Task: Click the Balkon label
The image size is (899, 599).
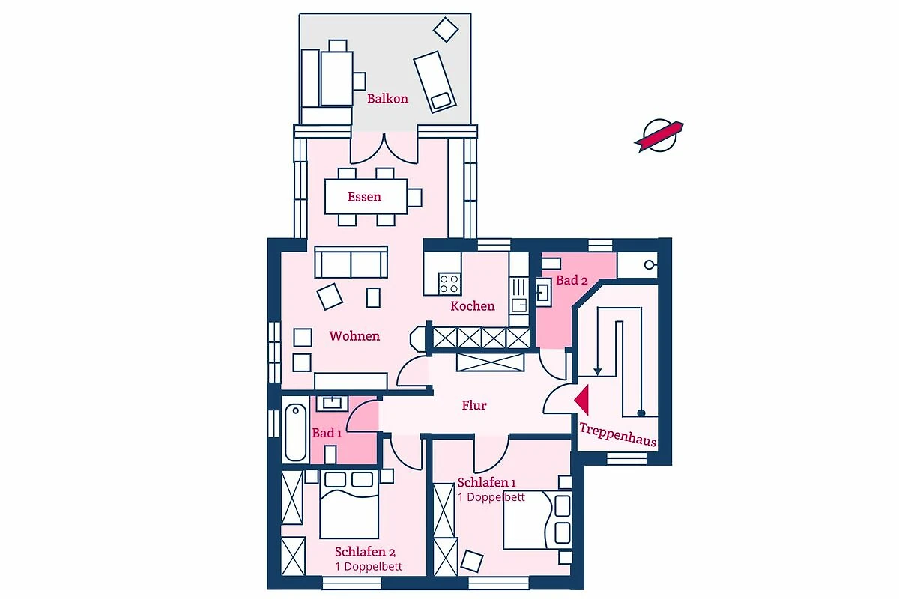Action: (387, 99)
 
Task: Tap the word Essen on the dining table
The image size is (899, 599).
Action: (364, 197)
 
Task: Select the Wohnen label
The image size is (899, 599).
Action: (354, 336)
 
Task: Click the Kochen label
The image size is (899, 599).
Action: (473, 306)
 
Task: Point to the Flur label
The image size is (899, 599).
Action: (474, 405)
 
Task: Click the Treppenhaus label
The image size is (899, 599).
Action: (617, 434)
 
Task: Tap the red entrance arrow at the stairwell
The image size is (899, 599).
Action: (582, 400)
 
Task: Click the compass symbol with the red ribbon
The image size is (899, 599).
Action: (659, 136)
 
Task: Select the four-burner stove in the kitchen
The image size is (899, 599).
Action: (449, 284)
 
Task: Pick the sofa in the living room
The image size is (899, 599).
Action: (351, 262)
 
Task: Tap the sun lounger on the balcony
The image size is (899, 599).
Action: (435, 82)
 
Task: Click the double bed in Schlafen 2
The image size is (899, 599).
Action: (349, 505)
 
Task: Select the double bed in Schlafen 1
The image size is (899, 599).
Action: (537, 520)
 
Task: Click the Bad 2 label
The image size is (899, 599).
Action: (572, 280)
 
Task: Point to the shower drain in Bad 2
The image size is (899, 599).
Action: (649, 265)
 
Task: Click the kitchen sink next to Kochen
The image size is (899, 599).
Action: (519, 305)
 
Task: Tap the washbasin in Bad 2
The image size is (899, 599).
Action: (544, 293)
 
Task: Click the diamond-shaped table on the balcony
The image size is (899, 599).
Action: (446, 30)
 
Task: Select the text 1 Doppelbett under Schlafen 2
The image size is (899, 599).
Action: (369, 566)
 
